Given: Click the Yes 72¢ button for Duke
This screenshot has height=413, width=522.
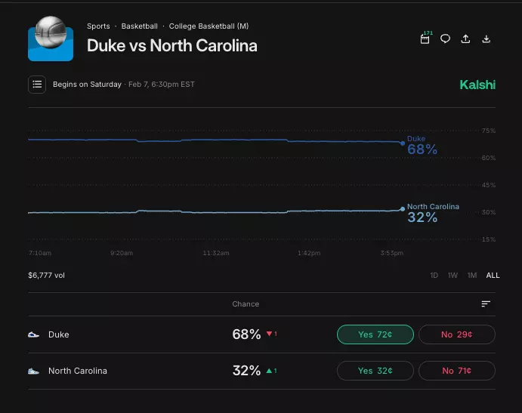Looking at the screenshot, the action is tap(375, 334).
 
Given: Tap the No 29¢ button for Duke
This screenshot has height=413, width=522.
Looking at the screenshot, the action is tap(457, 334).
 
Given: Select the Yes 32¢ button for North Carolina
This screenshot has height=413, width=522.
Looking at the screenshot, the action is tap(375, 371).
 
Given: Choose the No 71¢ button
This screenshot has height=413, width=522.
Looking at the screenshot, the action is tap(457, 371).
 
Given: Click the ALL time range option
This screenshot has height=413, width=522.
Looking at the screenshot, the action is tap(493, 276).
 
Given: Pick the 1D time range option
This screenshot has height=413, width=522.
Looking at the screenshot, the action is tap(434, 276).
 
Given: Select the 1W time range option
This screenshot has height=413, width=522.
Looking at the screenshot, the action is tap(453, 276).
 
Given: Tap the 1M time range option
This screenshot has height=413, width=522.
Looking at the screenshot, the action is tap(472, 276).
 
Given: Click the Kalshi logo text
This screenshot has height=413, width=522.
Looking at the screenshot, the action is tap(477, 85).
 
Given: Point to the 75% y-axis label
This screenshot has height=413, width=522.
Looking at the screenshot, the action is tap(488, 131).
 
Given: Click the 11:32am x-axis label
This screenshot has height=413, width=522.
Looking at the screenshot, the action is tap(216, 253).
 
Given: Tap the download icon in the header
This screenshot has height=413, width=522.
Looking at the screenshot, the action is tap(486, 39).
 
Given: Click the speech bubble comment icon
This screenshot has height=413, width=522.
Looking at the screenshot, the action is tap(445, 39).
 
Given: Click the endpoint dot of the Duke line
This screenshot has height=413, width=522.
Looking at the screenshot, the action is tap(403, 143).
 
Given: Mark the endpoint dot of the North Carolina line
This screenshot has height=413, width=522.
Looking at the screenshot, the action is tap(403, 209).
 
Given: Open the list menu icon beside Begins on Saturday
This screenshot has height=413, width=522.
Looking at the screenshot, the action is tap(37, 85).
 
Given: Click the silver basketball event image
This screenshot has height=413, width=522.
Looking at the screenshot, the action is tap(51, 39).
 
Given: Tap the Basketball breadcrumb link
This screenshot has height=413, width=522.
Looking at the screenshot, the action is tap(140, 26).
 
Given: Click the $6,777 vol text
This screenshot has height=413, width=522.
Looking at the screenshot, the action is tap(47, 276).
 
